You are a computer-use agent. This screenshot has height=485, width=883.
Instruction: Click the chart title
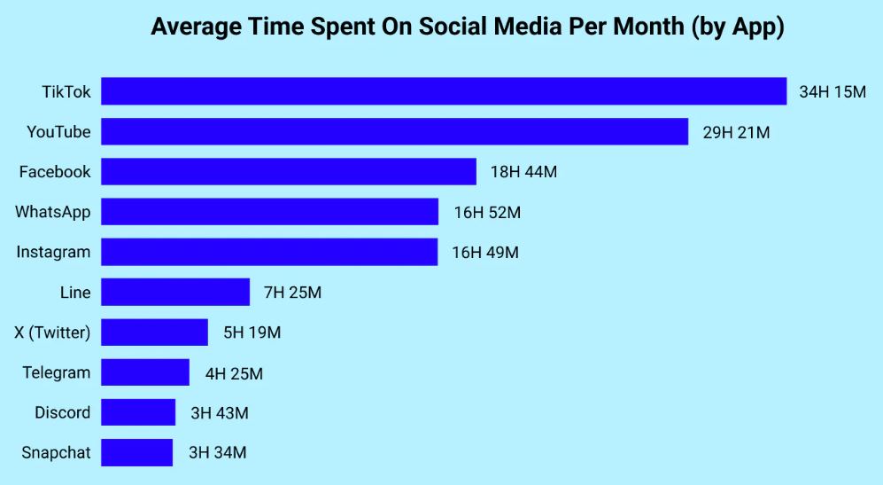coord(468,27)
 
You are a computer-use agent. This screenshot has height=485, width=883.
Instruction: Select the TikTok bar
coord(444,91)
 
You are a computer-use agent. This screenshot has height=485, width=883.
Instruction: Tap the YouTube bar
coord(394,131)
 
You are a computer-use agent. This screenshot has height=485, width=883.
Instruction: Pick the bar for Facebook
coord(289,172)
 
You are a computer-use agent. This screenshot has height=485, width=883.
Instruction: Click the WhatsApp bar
coord(269,212)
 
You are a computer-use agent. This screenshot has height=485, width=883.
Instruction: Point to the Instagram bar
coord(269,252)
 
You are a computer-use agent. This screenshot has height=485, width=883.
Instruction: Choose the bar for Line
coord(175,292)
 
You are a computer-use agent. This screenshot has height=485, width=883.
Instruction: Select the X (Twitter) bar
coord(154,332)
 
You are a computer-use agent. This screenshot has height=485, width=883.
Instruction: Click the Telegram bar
coord(145,372)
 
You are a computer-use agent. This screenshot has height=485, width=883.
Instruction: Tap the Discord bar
coord(138,412)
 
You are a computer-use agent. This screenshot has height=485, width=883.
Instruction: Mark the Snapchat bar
coord(136,452)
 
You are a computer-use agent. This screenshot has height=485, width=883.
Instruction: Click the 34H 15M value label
coord(832,92)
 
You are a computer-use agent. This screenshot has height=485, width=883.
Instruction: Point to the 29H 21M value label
coord(736,132)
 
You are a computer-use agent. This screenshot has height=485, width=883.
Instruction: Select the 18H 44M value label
coord(523,172)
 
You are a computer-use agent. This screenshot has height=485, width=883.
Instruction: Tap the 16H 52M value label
coord(486,212)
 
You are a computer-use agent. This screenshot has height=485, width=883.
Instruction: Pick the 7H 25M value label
coord(292,292)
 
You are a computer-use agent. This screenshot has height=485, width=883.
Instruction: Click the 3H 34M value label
coord(217,452)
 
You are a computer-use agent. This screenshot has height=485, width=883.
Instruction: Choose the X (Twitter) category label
coord(52,332)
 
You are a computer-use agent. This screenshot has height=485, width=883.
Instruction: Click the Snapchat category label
coord(56,452)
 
